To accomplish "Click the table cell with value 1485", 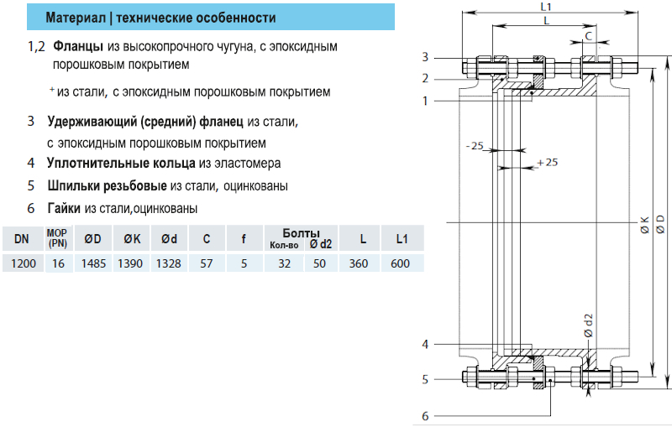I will coord(92,263).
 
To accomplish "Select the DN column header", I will coord(22,239).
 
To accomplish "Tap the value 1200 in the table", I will coord(22,263).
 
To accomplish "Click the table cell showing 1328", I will coord(169,263).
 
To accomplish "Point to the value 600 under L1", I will coord(401,263).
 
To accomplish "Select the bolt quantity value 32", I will coord(283,263).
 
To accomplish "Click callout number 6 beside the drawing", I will coord(426,415).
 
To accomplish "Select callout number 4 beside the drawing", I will coord(426,344).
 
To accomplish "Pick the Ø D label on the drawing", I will coord(661,224).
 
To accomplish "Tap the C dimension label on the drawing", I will coord(588,35).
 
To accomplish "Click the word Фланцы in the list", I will coord(78,46).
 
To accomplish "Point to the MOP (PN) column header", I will coord(57,238).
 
